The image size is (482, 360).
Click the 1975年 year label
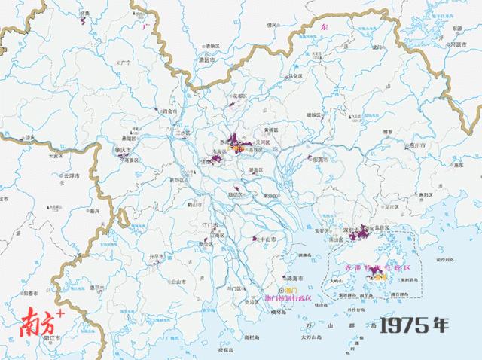(x=413, y=325)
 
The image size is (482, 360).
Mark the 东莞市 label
(x=321, y=160)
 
